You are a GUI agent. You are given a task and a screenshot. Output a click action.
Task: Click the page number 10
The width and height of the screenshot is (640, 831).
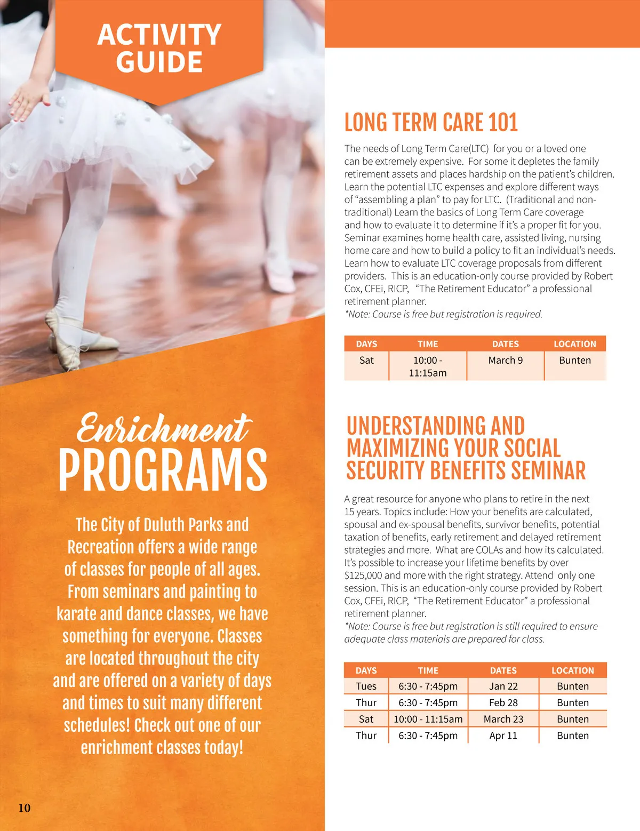coord(25,808)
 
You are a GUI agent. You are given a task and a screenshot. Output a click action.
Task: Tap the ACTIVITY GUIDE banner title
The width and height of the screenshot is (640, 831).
coord(159,48)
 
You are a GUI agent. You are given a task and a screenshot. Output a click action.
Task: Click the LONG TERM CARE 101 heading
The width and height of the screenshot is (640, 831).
coord(431,122)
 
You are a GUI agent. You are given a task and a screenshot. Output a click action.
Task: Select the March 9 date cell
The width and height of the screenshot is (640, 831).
coord(505,361)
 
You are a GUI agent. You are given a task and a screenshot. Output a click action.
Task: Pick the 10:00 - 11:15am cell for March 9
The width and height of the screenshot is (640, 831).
coord(428,366)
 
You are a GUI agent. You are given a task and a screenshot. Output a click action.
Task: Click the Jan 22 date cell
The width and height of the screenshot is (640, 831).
coord(503,686)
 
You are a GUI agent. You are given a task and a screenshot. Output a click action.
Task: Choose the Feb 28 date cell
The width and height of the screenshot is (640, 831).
coord(503,703)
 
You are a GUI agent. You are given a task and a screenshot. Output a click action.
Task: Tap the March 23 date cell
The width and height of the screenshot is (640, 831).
coord(503,719)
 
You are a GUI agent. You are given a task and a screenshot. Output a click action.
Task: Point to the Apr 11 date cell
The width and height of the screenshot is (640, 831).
coord(503,736)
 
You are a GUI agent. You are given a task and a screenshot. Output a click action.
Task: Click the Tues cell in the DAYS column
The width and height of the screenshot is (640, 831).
coord(366,686)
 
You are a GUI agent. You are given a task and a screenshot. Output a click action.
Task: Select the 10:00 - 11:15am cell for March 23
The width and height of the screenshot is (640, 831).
coord(428,719)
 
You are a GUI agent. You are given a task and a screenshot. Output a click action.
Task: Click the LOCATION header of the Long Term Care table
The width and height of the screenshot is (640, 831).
coord(574,344)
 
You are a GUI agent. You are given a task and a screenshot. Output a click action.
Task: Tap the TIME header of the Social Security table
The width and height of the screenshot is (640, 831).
coord(428,670)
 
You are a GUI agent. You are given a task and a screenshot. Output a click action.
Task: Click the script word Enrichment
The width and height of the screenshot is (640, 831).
coord(163,429)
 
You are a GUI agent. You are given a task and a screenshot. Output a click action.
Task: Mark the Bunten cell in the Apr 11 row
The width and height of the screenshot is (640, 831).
coord(573,736)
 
